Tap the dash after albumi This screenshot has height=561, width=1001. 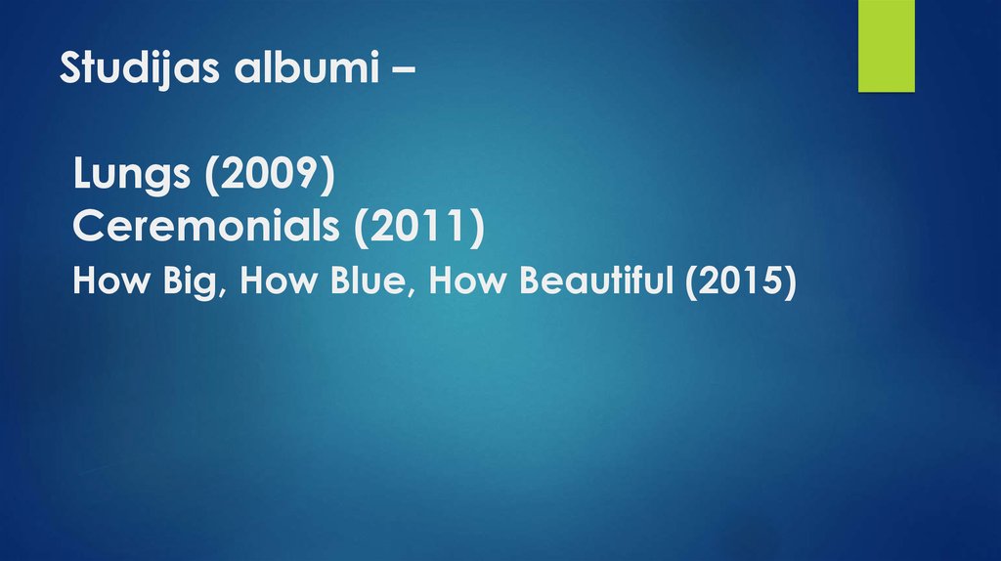pyautogui.click(x=399, y=70)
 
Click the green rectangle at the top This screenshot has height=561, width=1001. pyautogui.click(x=886, y=46)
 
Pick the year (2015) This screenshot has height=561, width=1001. pyautogui.click(x=741, y=281)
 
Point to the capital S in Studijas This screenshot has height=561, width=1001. pyautogui.click(x=69, y=68)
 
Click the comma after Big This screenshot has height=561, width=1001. pyautogui.click(x=230, y=292)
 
